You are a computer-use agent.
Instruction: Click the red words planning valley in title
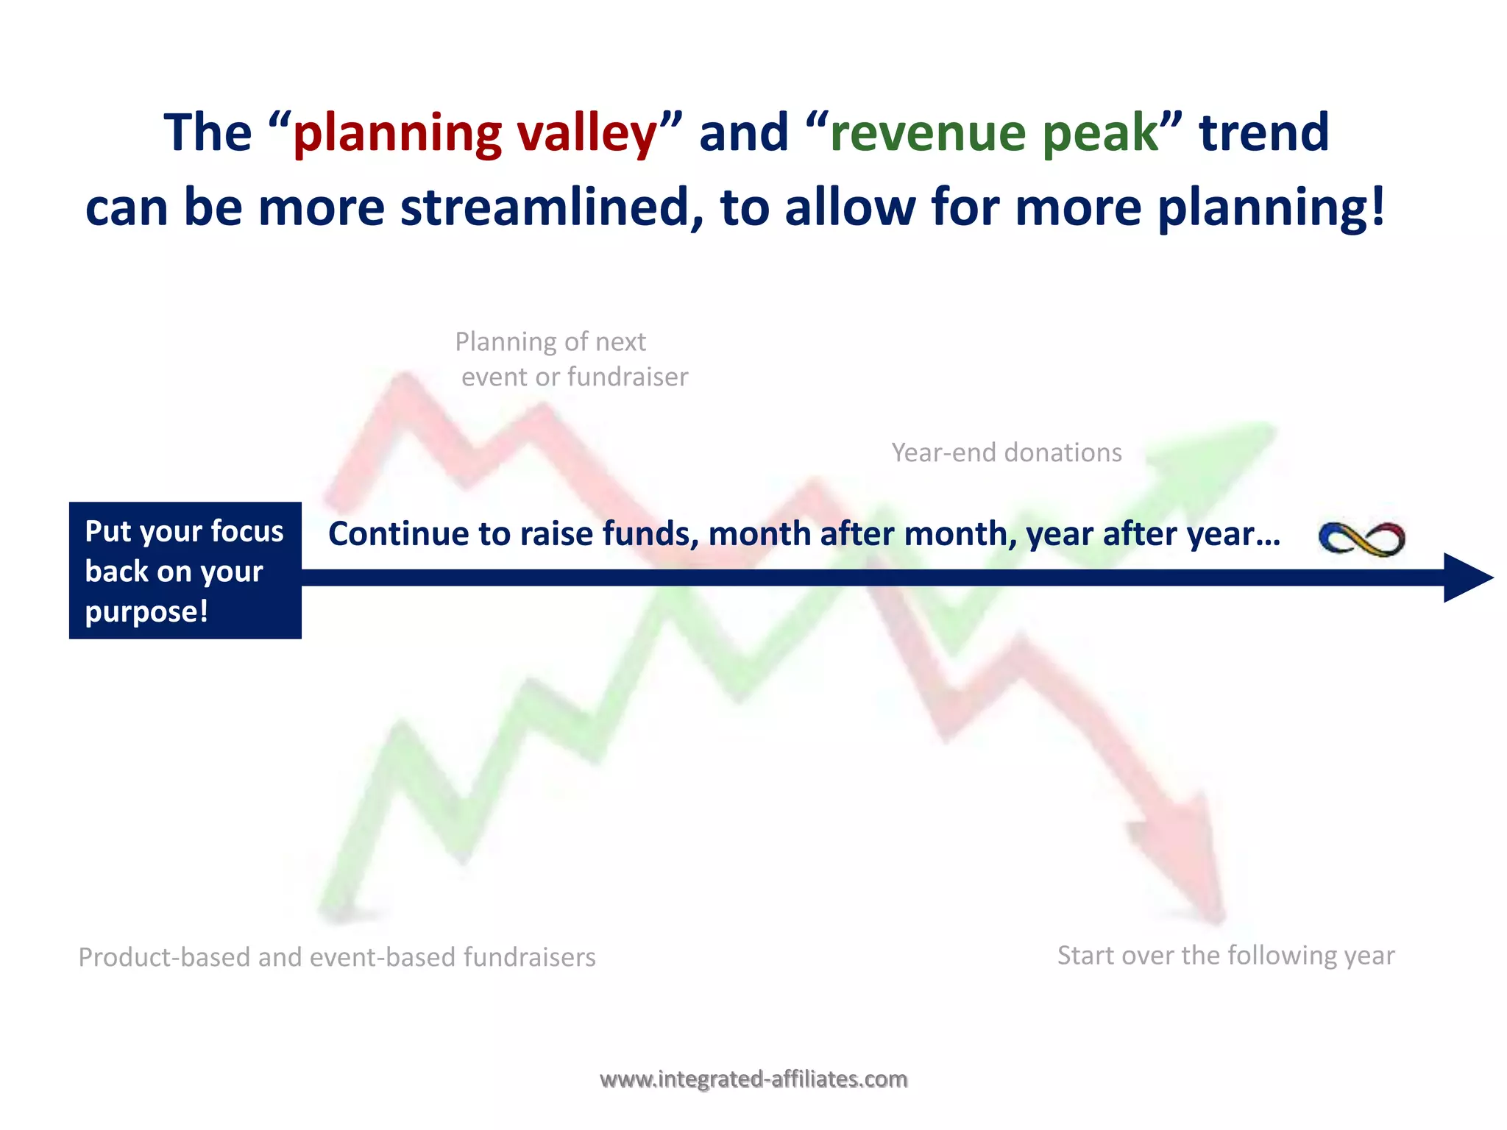(475, 134)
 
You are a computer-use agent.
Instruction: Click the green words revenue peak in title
(994, 134)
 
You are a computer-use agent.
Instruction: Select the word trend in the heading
(1263, 134)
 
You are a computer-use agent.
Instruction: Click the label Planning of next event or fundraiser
(570, 359)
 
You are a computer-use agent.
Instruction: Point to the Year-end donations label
(1006, 452)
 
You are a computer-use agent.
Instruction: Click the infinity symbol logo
(1361, 539)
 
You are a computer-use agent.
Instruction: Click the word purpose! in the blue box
(146, 611)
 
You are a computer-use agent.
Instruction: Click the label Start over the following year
(1225, 956)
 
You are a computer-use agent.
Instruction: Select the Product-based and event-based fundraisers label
(337, 957)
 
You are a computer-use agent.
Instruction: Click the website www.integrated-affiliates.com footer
(753, 1079)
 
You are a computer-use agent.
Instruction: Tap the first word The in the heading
(208, 134)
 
